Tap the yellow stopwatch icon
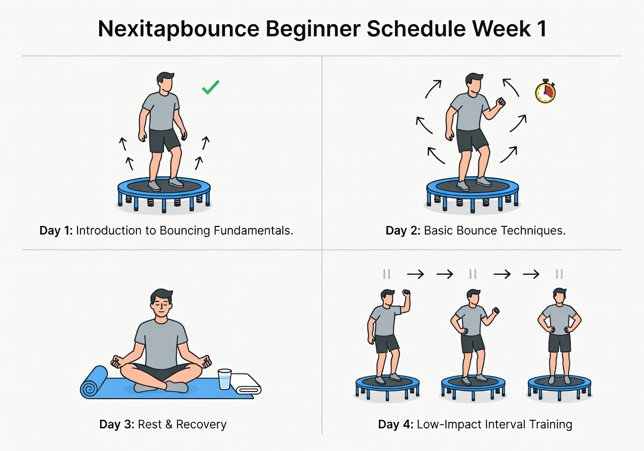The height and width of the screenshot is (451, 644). click(545, 93)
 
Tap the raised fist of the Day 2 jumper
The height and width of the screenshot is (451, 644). click(500, 103)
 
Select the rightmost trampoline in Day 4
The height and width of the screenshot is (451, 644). click(559, 385)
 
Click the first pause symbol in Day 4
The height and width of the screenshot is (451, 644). click(386, 274)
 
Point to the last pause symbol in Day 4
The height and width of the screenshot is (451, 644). click(559, 274)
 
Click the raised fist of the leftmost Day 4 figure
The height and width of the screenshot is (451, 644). click(406, 293)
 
